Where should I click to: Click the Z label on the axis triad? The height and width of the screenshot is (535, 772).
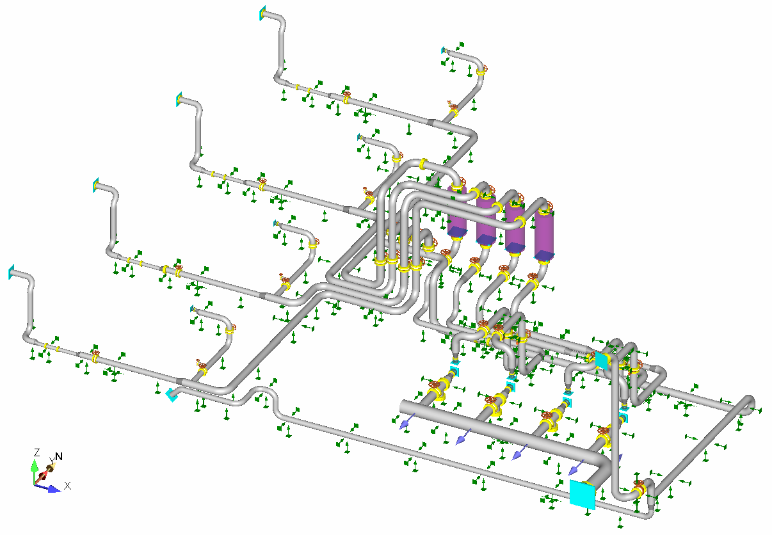coord(37,452)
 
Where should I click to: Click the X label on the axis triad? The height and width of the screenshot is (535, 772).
coord(67,486)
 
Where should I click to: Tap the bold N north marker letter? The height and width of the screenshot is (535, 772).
coord(59,456)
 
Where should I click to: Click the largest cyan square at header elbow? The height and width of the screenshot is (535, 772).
coord(582,494)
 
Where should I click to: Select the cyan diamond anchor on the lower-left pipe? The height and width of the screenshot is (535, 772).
coord(172,395)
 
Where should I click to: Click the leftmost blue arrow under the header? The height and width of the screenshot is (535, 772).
coord(404,424)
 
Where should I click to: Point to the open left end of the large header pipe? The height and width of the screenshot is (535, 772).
coord(403,406)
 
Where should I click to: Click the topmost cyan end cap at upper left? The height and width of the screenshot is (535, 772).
coord(262,13)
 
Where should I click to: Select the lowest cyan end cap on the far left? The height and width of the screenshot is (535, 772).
coord(11,272)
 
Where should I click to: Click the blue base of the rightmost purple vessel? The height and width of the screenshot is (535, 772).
coord(544,255)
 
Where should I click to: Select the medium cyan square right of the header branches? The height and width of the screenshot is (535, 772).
coord(601,360)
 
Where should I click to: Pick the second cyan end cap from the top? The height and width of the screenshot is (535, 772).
coord(179,100)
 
